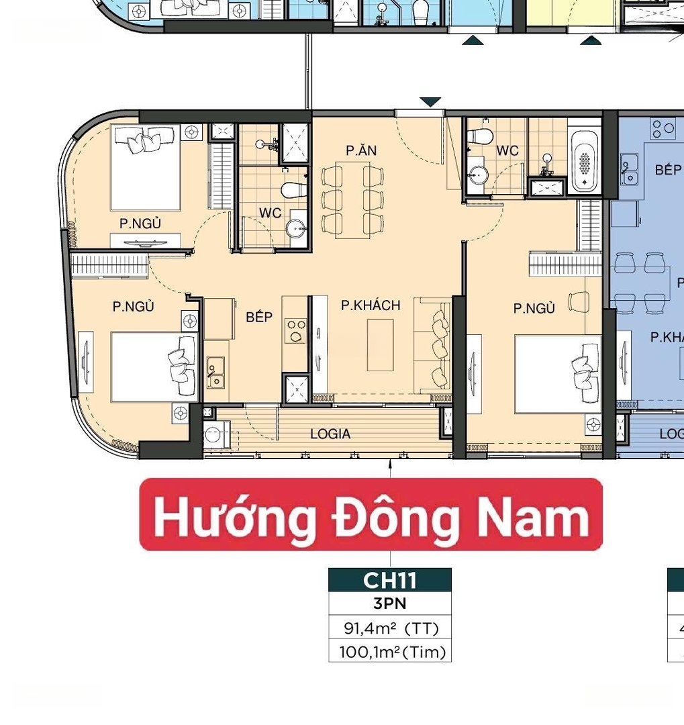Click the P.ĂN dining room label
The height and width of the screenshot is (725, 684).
(x=361, y=150)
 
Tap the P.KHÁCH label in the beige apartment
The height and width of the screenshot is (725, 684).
(x=371, y=305)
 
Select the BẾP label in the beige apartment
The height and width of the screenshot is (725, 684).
(x=259, y=317)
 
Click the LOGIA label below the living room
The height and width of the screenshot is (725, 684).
(x=330, y=434)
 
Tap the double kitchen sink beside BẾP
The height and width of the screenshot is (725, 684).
(x=215, y=372)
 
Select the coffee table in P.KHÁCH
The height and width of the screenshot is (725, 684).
(x=380, y=345)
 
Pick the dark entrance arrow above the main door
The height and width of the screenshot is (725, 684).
(x=430, y=102)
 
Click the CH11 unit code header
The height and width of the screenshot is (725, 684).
(x=390, y=580)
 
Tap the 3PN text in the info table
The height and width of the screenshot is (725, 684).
(x=390, y=603)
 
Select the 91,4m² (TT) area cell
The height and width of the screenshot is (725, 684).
(x=391, y=628)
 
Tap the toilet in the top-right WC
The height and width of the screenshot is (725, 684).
(x=479, y=136)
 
